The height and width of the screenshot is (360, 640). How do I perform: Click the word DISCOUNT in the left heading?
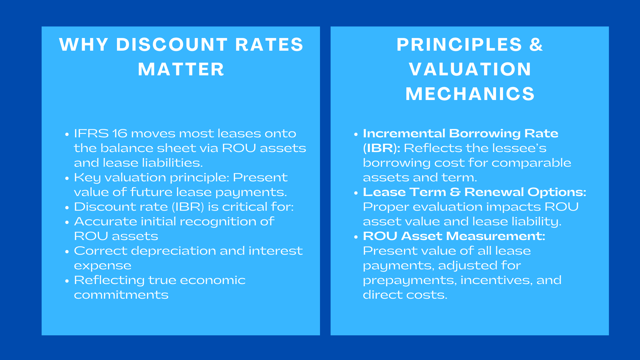(172, 45)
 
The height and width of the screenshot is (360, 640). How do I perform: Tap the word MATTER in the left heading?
(181, 69)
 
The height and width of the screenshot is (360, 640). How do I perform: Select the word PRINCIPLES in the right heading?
(459, 45)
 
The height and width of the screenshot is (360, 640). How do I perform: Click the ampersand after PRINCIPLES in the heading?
(536, 45)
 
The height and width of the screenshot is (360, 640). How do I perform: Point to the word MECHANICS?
(470, 94)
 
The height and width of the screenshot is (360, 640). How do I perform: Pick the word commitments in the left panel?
(121, 295)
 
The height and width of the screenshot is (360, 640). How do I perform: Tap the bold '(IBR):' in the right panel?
(381, 148)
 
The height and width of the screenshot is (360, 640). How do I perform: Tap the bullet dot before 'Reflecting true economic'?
(67, 281)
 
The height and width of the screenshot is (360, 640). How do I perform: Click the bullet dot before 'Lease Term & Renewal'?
(356, 193)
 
